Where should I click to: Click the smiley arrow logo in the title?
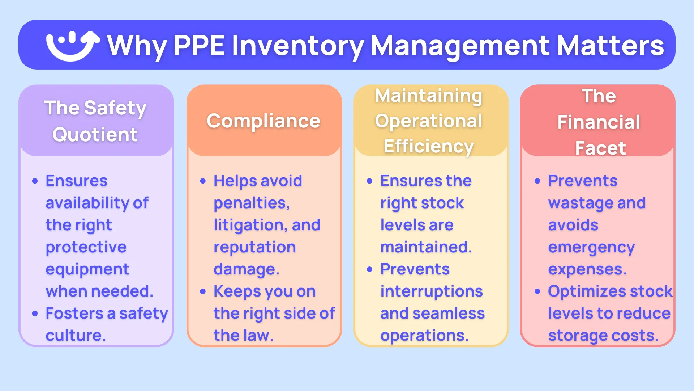click(x=72, y=45)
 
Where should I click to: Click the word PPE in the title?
click(x=199, y=46)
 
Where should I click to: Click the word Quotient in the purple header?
click(x=95, y=135)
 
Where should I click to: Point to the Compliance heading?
click(x=264, y=121)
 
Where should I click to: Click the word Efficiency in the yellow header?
click(x=429, y=147)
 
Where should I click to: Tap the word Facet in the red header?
click(x=600, y=148)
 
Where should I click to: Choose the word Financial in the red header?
click(x=599, y=122)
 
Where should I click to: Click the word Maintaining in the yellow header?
click(x=429, y=96)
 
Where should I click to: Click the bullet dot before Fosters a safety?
click(x=35, y=314)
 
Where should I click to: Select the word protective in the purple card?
click(x=86, y=247)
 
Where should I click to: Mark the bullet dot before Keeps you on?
click(x=203, y=291)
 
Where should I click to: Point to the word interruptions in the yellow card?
click(x=431, y=291)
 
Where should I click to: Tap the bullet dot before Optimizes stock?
click(x=537, y=291)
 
